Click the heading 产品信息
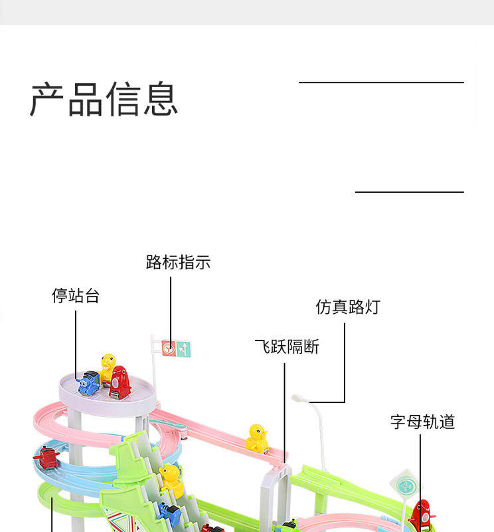tap(104, 100)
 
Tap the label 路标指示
tap(178, 263)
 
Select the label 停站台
tap(76, 296)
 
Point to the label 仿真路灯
tap(348, 307)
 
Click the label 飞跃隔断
tap(288, 346)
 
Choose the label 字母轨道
tap(422, 422)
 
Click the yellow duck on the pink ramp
tap(257, 438)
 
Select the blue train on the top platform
tap(88, 384)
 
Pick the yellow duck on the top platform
tap(108, 365)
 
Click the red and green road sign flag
tap(176, 348)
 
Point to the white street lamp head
tap(299, 399)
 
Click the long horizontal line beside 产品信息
tap(381, 82)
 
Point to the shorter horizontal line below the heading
tap(409, 192)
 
